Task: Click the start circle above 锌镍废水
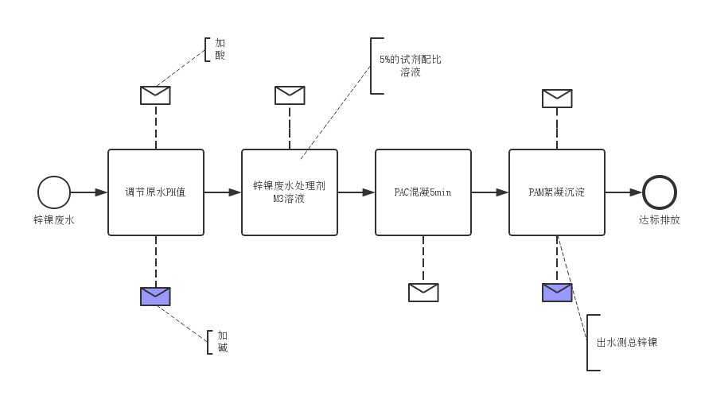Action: (54, 192)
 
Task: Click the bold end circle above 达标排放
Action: (660, 192)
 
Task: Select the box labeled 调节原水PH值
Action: (156, 192)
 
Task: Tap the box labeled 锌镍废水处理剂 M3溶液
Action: (290, 192)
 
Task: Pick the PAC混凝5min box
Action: (423, 192)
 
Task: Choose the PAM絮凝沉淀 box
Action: (557, 192)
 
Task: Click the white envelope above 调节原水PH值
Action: (156, 95)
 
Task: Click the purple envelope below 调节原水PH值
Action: (156, 297)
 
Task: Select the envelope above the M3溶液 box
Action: (290, 95)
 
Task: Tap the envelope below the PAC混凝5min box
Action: (423, 293)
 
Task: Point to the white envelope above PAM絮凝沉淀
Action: (557, 99)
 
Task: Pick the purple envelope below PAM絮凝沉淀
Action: (557, 293)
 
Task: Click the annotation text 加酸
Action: (220, 49)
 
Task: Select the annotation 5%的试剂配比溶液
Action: (411, 66)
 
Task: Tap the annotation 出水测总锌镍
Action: (627, 343)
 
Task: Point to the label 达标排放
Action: (660, 220)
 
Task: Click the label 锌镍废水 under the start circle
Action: (54, 220)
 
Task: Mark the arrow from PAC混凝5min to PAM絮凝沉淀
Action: (490, 192)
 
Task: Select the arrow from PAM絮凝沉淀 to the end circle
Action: (624, 192)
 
